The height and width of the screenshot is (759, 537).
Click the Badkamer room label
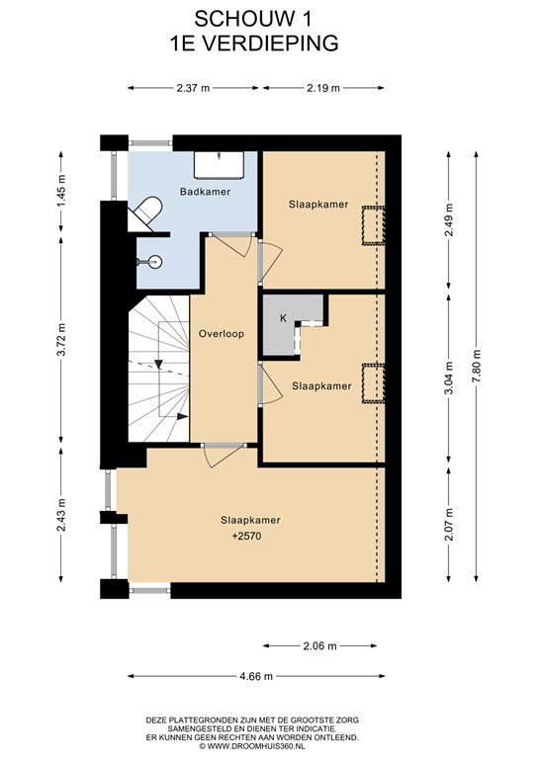205,192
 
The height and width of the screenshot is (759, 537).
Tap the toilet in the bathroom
145,213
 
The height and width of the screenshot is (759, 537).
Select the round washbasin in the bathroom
154,262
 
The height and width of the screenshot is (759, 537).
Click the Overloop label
222,333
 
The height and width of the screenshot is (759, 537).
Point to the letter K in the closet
283,318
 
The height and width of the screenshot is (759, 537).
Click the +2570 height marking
246,537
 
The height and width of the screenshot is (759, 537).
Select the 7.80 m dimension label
477,367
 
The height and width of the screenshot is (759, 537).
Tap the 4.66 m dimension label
256,676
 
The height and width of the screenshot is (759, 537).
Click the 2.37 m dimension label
193,88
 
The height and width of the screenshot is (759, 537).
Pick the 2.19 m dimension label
323,88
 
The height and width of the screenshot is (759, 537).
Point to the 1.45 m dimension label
61,191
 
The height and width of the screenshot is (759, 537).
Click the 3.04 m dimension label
449,379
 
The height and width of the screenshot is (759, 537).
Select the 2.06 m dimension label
319,645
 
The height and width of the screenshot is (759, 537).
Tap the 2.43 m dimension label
61,515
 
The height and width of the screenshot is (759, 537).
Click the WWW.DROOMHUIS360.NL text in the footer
256,746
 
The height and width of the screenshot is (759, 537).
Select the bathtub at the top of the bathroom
219,165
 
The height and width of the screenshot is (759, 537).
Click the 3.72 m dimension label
61,339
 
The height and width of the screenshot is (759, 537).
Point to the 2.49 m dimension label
449,219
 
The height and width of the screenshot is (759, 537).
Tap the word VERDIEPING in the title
269,43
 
